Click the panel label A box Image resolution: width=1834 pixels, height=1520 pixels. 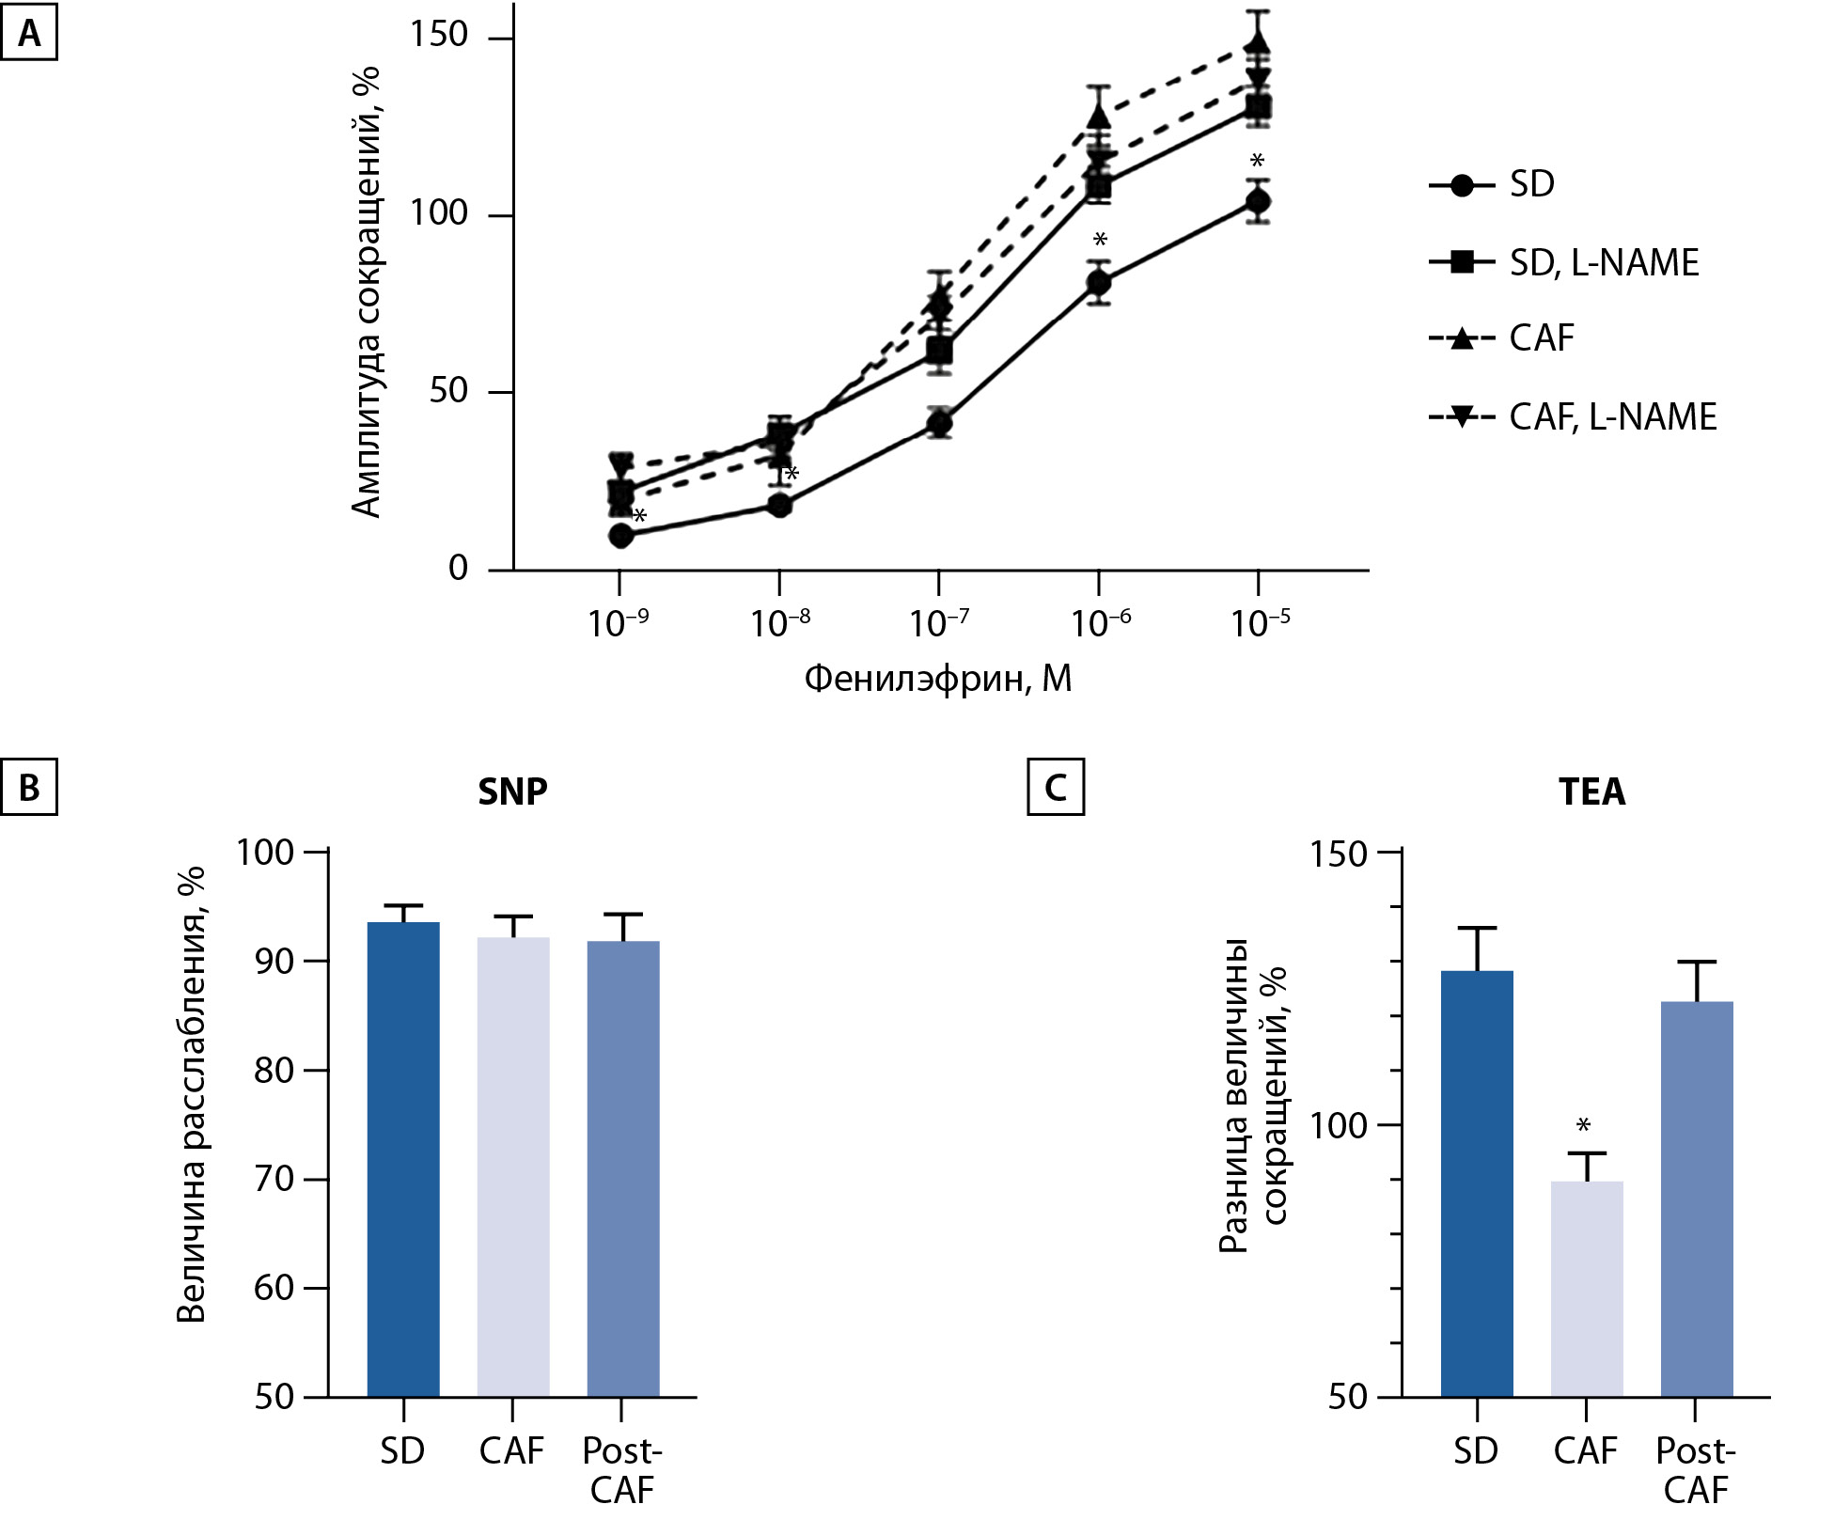[29, 35]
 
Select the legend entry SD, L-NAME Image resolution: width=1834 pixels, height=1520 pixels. [1565, 262]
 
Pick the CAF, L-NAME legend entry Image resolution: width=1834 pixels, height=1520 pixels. [1574, 416]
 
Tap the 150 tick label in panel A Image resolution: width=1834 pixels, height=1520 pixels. [438, 35]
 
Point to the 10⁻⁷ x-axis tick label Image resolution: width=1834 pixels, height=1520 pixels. [939, 622]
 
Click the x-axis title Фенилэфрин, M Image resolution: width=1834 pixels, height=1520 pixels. [938, 678]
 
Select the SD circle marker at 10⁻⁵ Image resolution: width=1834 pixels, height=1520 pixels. [1258, 201]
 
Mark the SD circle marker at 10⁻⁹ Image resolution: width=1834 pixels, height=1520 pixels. [620, 535]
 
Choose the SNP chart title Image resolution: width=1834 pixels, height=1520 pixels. [512, 791]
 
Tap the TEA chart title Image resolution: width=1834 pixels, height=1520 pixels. [1591, 791]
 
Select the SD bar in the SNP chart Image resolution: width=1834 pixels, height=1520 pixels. [403, 1158]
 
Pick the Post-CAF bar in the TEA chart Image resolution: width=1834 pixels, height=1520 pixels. [1696, 1199]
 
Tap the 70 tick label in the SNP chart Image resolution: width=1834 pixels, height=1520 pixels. [274, 1179]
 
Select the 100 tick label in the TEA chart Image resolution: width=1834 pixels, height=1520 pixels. [1338, 1125]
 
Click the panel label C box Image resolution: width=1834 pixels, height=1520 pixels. [1056, 787]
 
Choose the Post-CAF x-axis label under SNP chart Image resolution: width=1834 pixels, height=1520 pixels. [621, 1469]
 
